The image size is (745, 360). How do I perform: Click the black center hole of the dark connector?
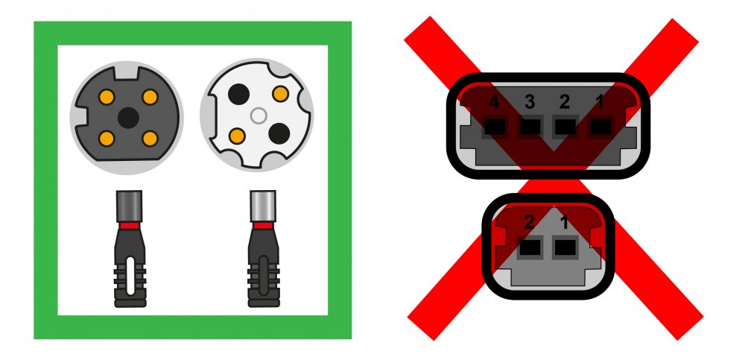128,118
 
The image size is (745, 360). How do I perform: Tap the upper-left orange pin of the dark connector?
107,97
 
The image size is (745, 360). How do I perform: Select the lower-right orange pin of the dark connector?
150,139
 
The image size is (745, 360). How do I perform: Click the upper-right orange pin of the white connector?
280,94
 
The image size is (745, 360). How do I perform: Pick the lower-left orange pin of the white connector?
237,136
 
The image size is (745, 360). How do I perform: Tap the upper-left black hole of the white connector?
238,94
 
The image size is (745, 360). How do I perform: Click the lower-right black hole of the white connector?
279,133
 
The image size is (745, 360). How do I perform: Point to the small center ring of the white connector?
258,116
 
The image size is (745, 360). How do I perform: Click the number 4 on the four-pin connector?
494,102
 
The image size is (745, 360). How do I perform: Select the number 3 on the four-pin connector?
529,102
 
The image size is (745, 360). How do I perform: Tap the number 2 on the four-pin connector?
565,102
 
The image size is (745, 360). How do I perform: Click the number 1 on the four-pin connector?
600,102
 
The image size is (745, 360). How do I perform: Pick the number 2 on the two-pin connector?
529,223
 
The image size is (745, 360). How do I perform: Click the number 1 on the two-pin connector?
565,223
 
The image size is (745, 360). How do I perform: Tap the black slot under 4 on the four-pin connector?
495,127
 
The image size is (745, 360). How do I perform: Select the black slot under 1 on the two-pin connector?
565,247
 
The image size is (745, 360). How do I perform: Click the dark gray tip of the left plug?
129,206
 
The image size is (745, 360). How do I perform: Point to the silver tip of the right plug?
263,206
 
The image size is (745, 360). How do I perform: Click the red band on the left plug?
129,225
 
